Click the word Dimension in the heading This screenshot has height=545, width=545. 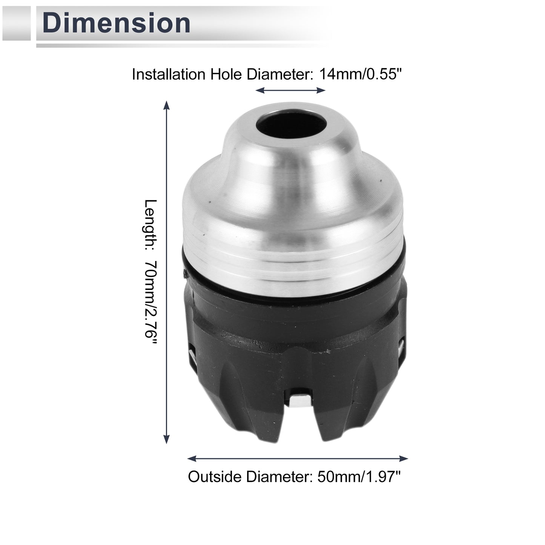tap(116, 23)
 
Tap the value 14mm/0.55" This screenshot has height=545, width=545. tap(360, 74)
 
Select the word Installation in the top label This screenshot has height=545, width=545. tap(169, 74)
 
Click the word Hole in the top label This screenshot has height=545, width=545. tap(226, 74)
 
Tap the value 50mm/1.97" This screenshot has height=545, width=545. tap(359, 477)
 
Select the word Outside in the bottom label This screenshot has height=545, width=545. tap(215, 477)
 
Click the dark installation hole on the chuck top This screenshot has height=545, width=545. tap(291, 126)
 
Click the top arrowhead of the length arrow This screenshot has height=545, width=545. tap(167, 105)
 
